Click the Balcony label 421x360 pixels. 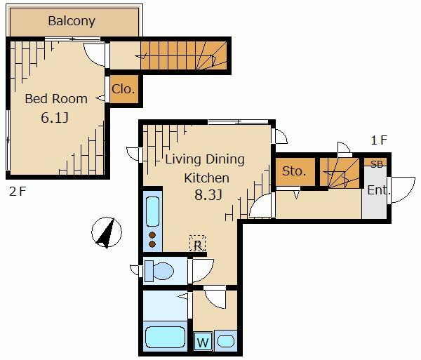pos(72,21)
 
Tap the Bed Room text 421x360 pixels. pos(56,99)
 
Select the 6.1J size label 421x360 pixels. pos(55,118)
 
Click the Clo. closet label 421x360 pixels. pos(123,89)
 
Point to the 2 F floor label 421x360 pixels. pos(18,192)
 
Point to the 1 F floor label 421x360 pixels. pos(379,140)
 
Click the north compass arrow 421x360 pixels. pos(107,232)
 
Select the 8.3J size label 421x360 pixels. pos(208,195)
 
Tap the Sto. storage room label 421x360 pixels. pos(294,171)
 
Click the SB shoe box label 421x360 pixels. pos(376,164)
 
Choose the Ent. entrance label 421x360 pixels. pos(379,190)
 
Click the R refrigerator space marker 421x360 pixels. pos(198,244)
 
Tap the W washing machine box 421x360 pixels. pos(203,342)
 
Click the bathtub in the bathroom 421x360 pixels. pos(165,338)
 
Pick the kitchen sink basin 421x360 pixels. pos(152,211)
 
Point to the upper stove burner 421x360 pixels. pos(152,235)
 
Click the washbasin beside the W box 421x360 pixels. pos(226,342)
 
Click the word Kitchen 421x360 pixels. pos(206,178)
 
